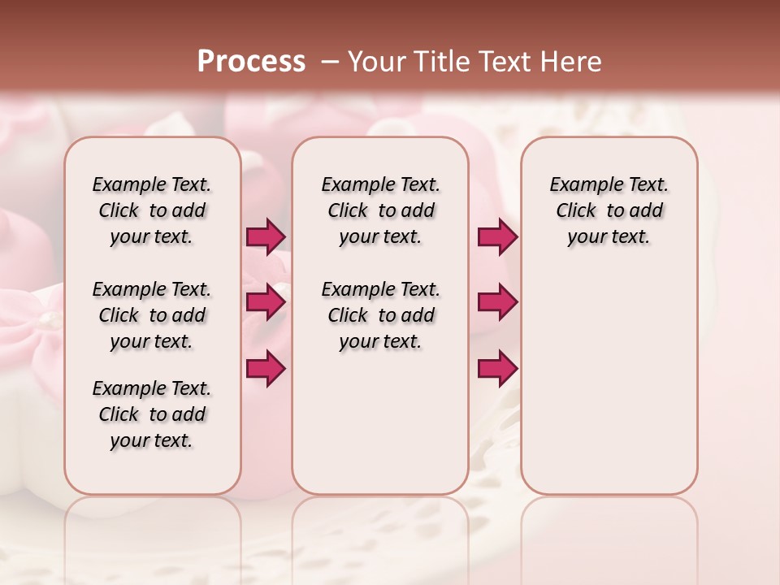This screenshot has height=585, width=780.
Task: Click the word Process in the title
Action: click(x=251, y=62)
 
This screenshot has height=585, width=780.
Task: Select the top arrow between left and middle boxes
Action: click(x=266, y=236)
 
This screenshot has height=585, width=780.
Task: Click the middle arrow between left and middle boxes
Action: click(x=266, y=302)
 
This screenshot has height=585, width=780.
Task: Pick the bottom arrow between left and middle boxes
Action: click(x=266, y=368)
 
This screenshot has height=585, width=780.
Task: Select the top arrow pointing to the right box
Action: click(x=497, y=236)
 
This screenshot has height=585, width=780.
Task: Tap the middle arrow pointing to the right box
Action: click(x=497, y=302)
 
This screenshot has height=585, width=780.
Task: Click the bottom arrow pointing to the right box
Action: click(x=497, y=368)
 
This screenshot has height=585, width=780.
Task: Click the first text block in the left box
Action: click(x=152, y=210)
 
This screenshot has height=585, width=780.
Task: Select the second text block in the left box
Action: click(x=152, y=315)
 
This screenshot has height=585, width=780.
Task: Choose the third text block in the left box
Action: click(x=152, y=414)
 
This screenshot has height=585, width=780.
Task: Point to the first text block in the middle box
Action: click(x=380, y=210)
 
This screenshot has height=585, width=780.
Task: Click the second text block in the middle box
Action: click(x=380, y=315)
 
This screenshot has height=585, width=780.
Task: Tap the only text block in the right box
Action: click(x=609, y=210)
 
